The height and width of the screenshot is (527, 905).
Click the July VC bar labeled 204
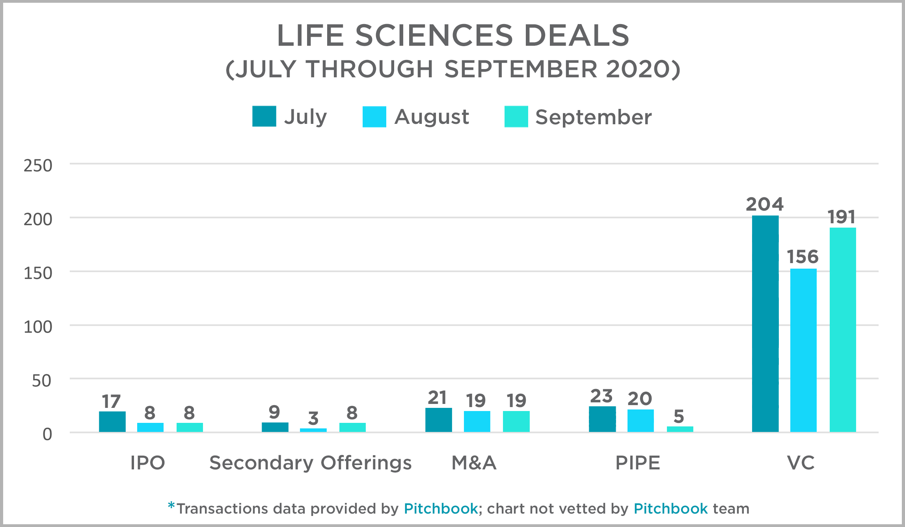point(765,323)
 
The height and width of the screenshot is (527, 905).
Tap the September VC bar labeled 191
point(843,330)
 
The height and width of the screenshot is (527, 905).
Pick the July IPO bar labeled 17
point(112,422)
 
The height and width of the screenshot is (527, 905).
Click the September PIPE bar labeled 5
point(680,429)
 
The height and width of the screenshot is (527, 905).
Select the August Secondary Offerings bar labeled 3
point(313,430)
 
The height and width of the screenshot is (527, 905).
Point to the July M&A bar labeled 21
point(438,420)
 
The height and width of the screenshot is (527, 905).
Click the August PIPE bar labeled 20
point(641,421)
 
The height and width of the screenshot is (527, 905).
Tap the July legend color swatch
point(264,116)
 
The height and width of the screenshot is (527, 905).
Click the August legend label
point(432,117)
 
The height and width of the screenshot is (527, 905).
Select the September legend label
point(593,117)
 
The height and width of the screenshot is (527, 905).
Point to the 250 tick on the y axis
point(38,166)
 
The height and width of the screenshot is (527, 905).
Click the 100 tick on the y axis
point(38,327)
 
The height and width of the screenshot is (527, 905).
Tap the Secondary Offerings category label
point(310,463)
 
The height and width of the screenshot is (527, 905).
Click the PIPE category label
point(638,463)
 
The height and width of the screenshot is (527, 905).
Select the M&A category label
point(474,463)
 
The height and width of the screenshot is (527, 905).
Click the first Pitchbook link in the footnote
point(441,509)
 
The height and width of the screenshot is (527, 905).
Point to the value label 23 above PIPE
point(601,396)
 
